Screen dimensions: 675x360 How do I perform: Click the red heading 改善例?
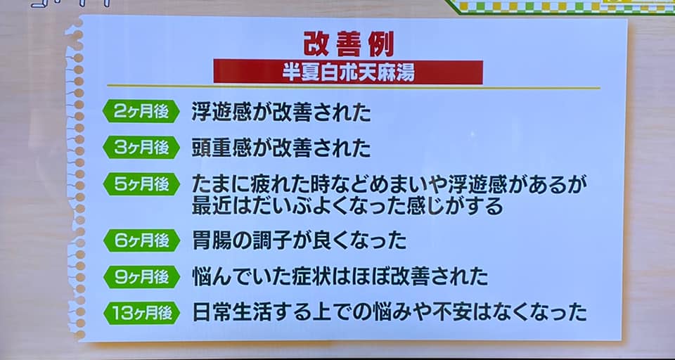(x=349, y=44)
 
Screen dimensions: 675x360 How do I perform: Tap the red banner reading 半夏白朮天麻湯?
(x=348, y=72)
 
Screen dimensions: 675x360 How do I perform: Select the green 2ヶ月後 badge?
(x=141, y=112)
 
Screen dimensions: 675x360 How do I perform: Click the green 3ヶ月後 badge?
(x=141, y=148)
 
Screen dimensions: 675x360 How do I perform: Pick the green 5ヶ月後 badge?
(x=141, y=184)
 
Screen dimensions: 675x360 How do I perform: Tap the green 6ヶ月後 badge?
(x=141, y=240)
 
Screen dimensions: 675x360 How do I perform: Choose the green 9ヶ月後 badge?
(x=141, y=277)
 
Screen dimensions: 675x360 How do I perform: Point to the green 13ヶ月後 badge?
(x=141, y=313)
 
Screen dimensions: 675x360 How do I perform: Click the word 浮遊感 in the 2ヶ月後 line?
(x=219, y=112)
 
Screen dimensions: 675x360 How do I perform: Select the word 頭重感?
(x=219, y=148)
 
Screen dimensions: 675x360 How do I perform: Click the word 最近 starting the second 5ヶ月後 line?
(x=210, y=206)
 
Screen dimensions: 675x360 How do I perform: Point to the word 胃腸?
(x=210, y=240)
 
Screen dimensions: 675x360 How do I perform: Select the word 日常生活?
(x=228, y=314)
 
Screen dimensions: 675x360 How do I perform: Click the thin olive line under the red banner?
(x=354, y=87)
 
